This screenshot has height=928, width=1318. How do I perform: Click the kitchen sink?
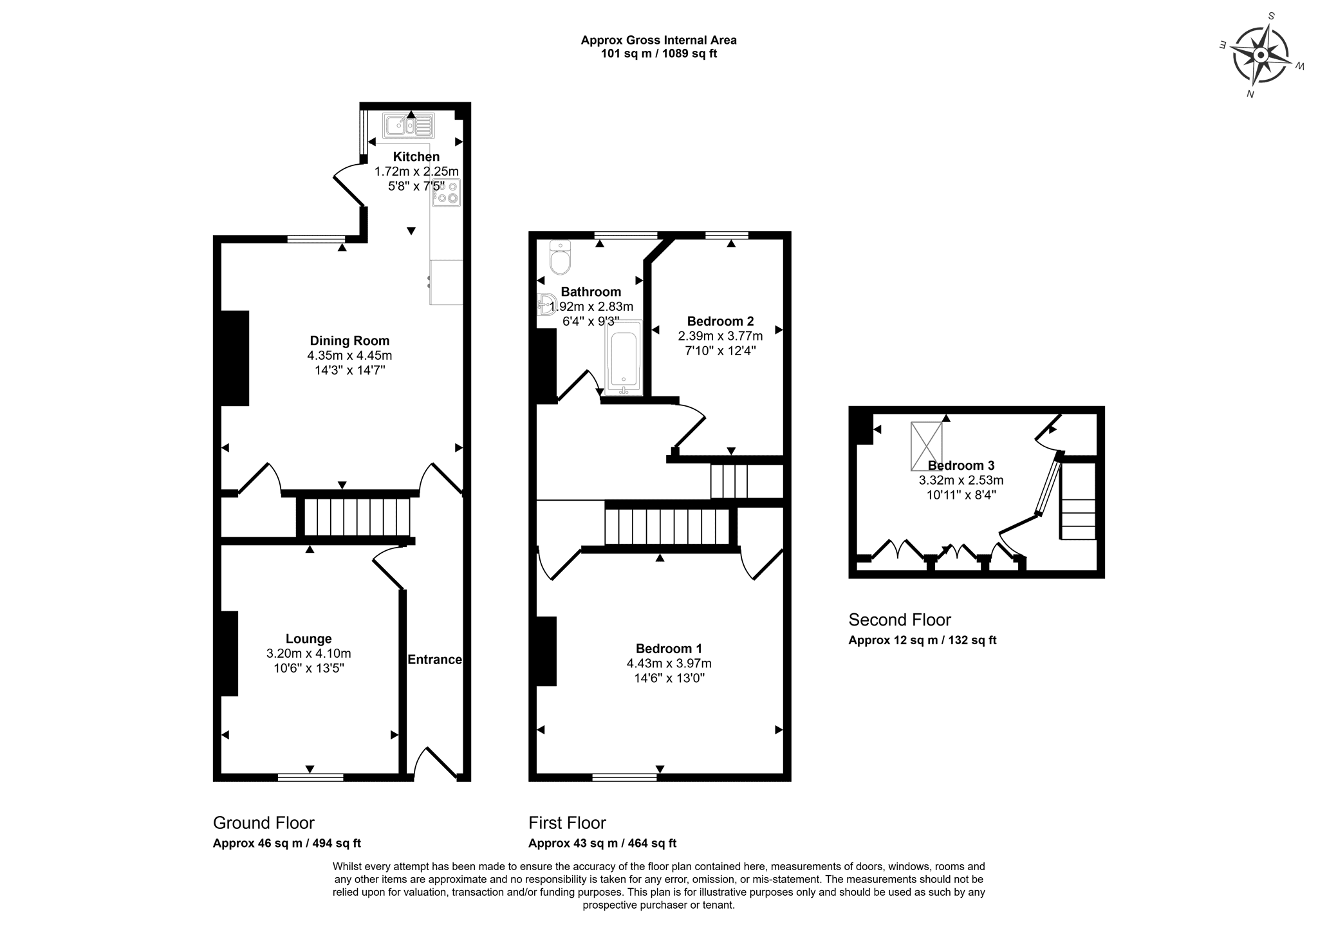point(409,125)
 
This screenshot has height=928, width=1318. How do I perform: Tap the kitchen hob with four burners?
point(446,192)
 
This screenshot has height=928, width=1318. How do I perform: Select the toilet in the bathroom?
point(561,257)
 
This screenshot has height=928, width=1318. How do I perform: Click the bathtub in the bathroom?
point(624,358)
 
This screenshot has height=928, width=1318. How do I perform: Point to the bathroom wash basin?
point(546,304)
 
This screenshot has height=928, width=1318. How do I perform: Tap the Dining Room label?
point(349,340)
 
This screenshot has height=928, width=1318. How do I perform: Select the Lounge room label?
point(309,638)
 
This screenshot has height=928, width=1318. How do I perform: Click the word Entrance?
point(434,659)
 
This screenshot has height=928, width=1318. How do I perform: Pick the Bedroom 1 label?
point(669,648)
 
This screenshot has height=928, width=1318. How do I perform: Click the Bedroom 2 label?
point(720,320)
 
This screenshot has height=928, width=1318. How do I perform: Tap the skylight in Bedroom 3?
point(926,446)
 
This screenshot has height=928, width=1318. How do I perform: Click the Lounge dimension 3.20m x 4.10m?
point(309,653)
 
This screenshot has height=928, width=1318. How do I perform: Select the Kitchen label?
point(416,156)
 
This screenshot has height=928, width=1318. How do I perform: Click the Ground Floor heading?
point(264,823)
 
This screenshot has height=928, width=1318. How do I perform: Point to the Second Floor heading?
point(900,620)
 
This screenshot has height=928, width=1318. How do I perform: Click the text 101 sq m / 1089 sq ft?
point(659,53)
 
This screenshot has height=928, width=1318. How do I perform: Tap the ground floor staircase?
point(357,517)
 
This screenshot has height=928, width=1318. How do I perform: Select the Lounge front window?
point(310,777)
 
